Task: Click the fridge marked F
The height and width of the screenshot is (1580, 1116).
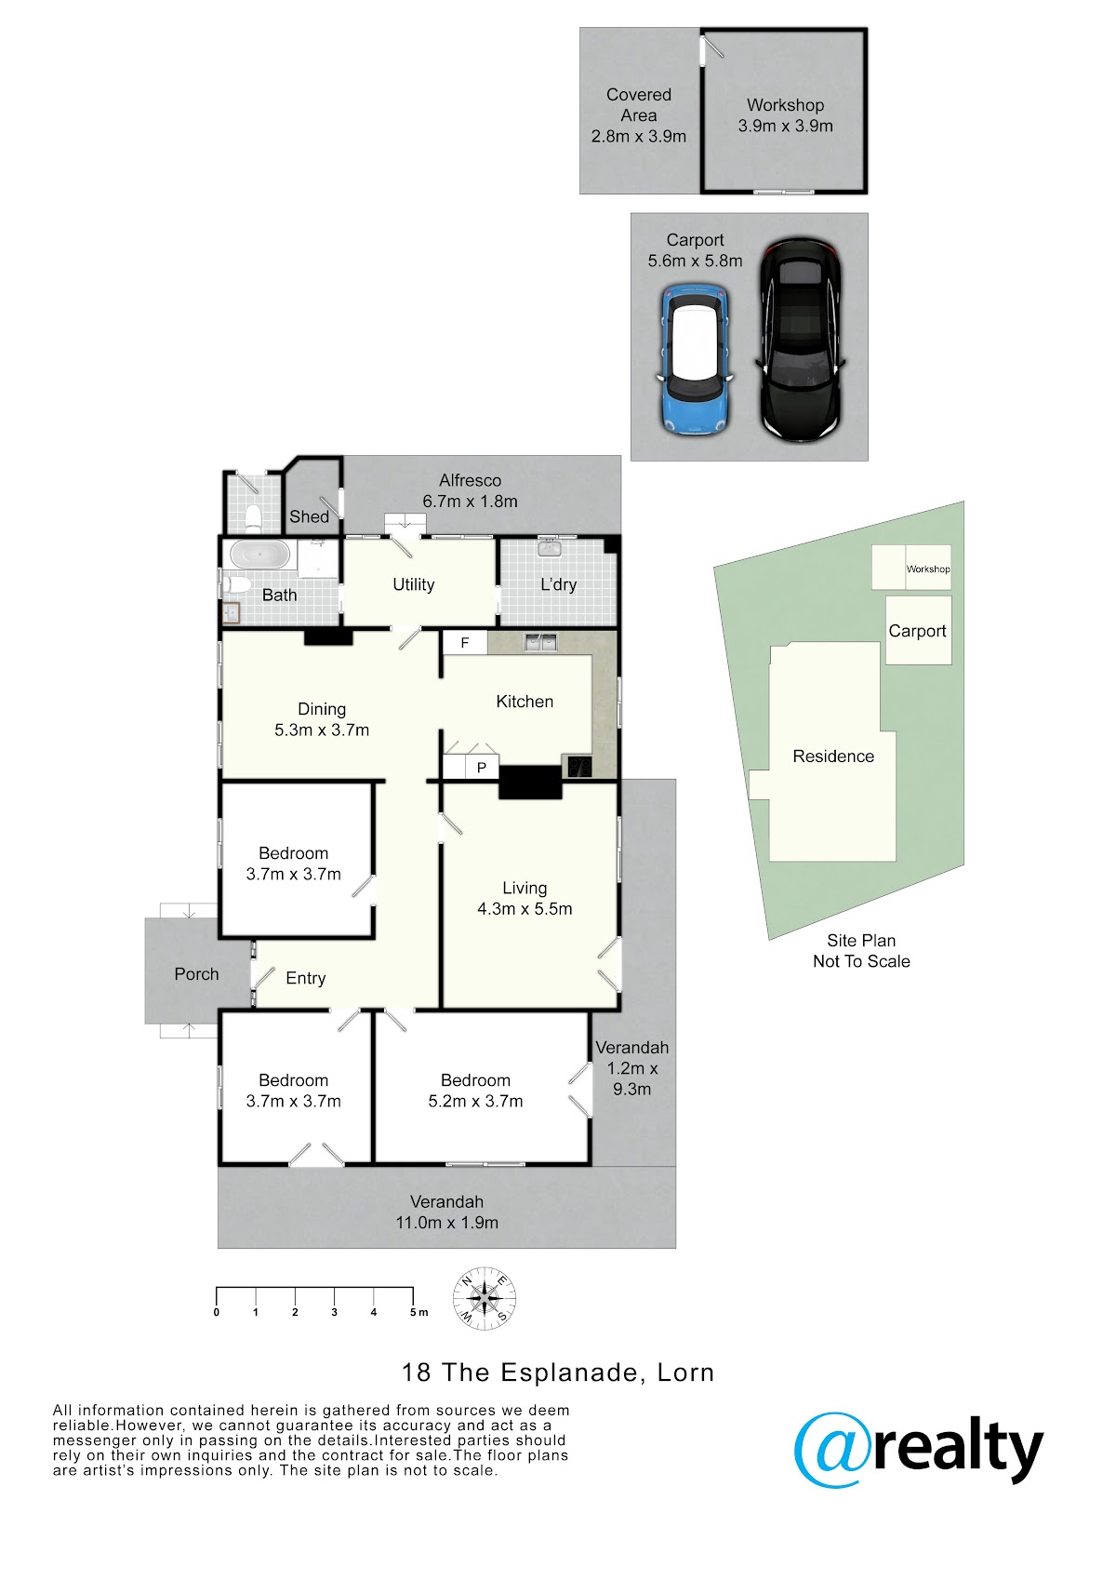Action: (x=465, y=643)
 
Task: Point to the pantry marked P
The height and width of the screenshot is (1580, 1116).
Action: (x=482, y=767)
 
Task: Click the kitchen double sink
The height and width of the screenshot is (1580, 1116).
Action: (x=540, y=642)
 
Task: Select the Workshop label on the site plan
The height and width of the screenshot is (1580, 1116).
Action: (x=928, y=569)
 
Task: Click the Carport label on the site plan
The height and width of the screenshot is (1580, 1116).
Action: (x=916, y=631)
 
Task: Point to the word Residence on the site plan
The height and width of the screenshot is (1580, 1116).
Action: (x=833, y=757)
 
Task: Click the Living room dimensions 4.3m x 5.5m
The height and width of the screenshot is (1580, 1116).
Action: (x=525, y=908)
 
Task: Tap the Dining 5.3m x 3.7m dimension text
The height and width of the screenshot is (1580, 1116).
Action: (x=322, y=730)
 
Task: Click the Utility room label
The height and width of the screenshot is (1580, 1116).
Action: (x=413, y=584)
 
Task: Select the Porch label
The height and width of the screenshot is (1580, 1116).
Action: (x=196, y=974)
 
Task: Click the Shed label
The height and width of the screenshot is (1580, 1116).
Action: (x=309, y=516)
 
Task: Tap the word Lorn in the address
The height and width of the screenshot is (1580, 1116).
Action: (x=685, y=1372)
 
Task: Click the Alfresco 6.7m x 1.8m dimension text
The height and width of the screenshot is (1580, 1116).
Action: (x=470, y=502)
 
